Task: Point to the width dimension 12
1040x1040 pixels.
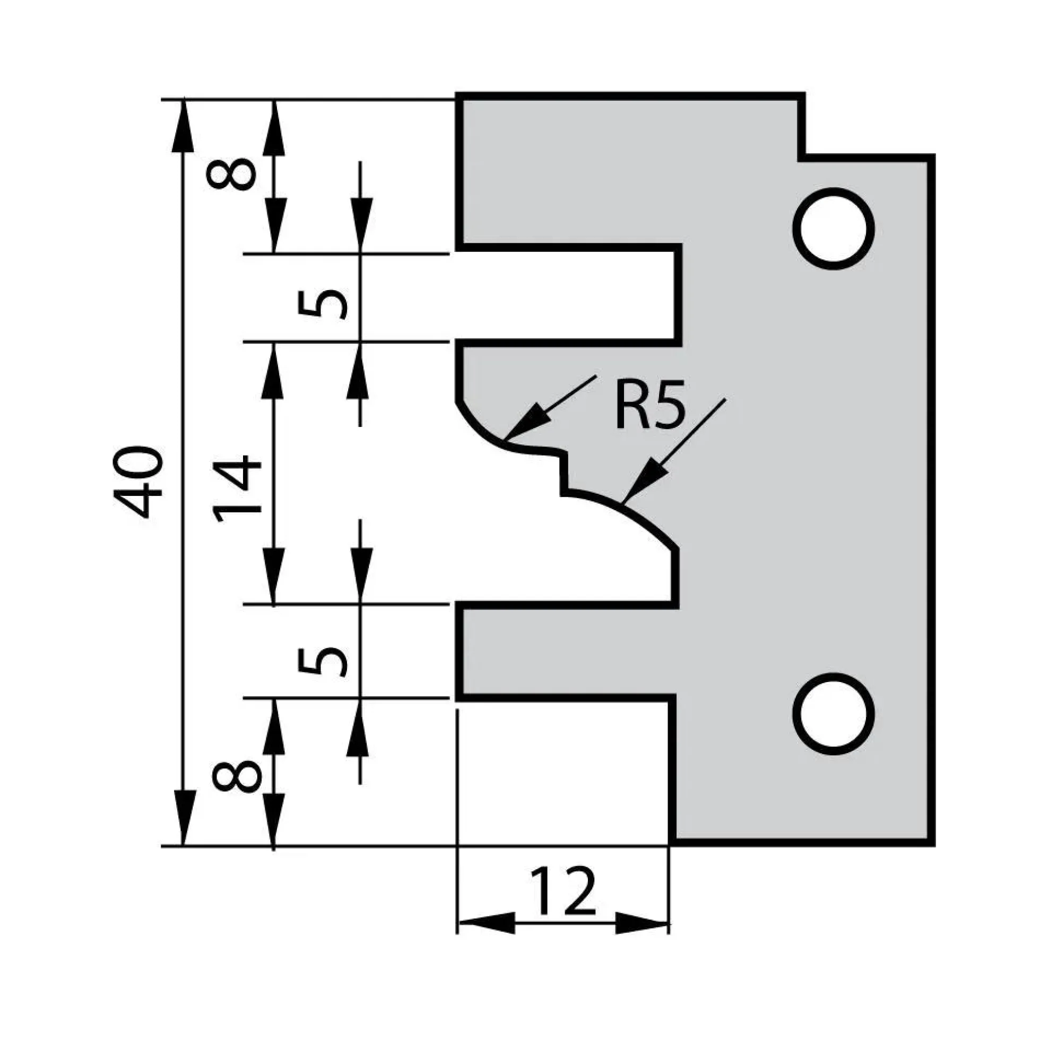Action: [563, 891]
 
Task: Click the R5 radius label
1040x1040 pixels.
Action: [650, 404]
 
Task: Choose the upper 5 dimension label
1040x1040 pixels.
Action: [322, 303]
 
